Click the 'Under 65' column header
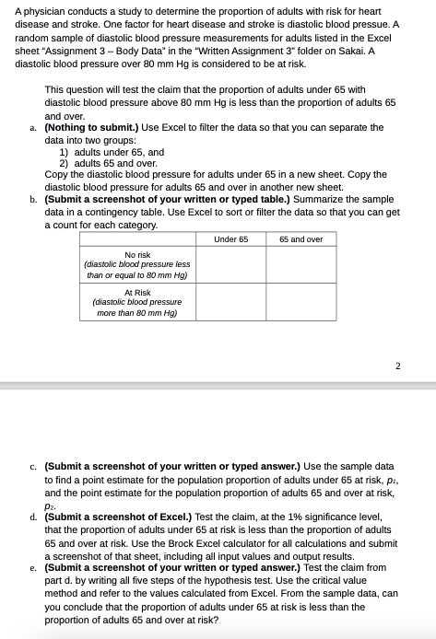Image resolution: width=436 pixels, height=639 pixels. tap(230, 238)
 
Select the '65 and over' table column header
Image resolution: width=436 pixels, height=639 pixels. tap(300, 238)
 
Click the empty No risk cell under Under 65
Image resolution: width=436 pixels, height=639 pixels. tap(230, 264)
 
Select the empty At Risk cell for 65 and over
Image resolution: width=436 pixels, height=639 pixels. tap(300, 301)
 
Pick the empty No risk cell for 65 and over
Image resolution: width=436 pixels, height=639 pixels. tap(300, 264)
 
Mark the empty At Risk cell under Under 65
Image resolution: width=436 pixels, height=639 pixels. tap(230, 301)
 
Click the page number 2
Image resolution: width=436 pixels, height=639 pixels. tap(397, 366)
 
